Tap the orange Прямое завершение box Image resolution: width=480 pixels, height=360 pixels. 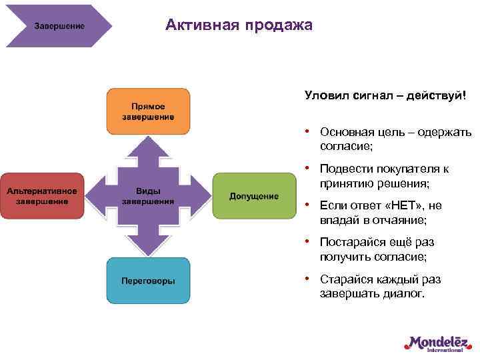pos(148,111)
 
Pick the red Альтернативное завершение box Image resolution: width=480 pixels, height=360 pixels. pos(42,195)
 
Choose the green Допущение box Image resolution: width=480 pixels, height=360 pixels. pos(254,195)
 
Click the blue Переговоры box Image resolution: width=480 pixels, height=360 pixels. pos(148,280)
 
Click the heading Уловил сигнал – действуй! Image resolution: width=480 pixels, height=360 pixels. pos(385,97)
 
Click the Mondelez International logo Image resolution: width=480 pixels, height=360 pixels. pos(436,343)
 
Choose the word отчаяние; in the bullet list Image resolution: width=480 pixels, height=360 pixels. pos(396,219)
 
